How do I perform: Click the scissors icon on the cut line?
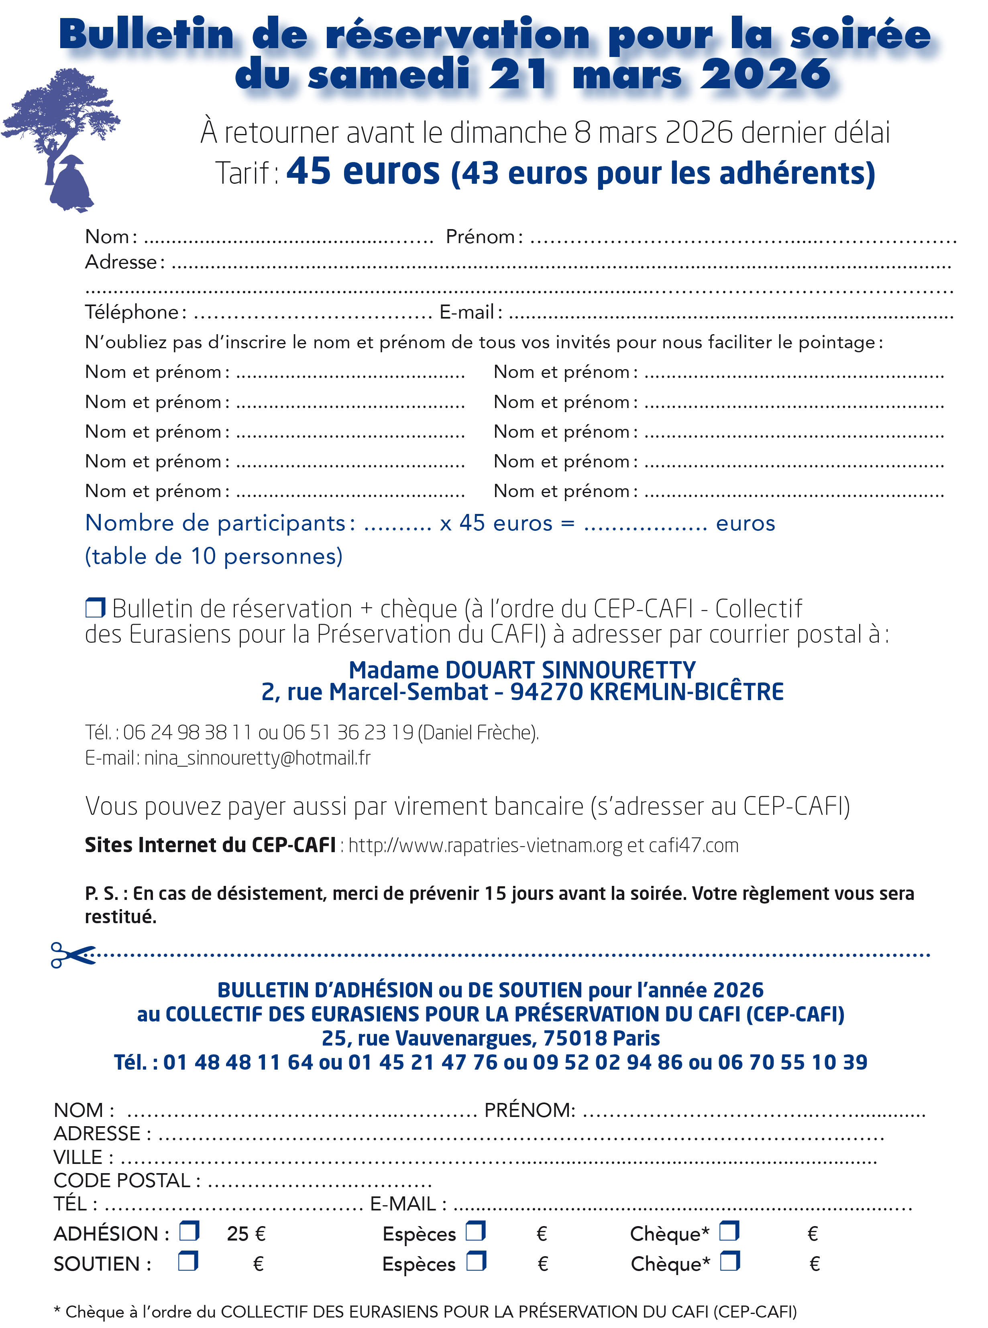tap(72, 954)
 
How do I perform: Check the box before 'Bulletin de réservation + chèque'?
tap(95, 608)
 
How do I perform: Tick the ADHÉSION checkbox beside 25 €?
tap(189, 1232)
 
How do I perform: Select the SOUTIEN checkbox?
tap(188, 1262)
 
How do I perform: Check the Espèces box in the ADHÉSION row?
tap(476, 1232)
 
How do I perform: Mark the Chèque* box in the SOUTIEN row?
tap(729, 1262)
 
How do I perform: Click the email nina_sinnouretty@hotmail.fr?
tap(257, 758)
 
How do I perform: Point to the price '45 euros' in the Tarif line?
tap(363, 172)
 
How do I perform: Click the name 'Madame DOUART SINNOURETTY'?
tap(522, 670)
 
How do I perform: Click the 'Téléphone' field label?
tap(132, 312)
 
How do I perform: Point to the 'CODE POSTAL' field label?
tap(122, 1180)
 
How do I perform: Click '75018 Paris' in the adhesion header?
tap(601, 1038)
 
